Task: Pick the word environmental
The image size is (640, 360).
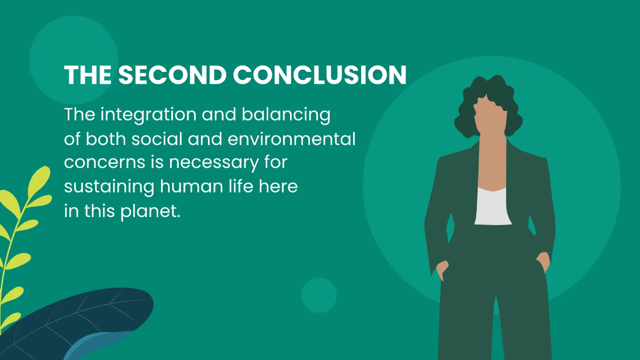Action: point(301,139)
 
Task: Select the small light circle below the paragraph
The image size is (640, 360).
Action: point(319,295)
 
